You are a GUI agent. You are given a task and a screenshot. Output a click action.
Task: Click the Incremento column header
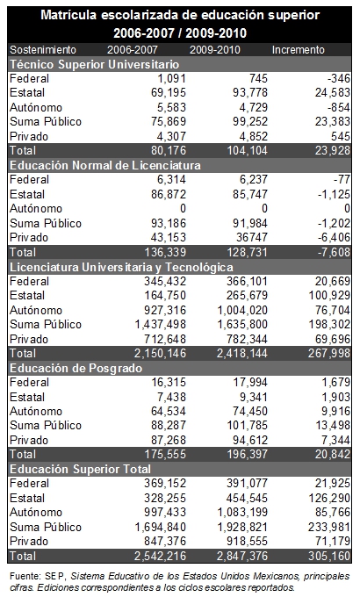point(299,50)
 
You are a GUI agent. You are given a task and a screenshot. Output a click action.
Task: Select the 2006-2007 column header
point(133,50)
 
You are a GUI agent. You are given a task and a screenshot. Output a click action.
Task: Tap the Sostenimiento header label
point(43,50)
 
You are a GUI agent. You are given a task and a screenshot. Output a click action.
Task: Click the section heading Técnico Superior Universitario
point(95,64)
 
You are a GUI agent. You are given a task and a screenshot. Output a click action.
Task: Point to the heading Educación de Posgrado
point(76,368)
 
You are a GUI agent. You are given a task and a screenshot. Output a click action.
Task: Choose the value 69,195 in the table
point(169,92)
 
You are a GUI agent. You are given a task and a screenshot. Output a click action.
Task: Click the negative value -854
point(339,107)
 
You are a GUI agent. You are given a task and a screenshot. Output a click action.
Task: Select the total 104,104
point(248,150)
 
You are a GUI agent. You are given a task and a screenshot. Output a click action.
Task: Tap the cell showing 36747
point(252,238)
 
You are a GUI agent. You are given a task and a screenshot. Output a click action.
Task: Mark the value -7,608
point(334,252)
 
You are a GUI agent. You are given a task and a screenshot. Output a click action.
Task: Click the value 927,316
point(165,310)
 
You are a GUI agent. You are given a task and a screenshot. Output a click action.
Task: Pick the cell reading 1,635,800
point(242,324)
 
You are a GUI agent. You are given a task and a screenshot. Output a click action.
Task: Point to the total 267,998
point(329,353)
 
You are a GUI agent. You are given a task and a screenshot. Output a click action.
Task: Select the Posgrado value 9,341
point(254,397)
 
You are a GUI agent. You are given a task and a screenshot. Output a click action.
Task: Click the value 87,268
point(169,440)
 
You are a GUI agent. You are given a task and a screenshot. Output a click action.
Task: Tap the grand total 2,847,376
point(242,557)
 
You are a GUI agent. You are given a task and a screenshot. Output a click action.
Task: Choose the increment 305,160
point(329,557)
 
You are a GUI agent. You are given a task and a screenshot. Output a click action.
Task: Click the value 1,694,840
point(161,528)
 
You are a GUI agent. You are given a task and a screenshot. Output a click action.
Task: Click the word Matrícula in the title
point(68,15)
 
